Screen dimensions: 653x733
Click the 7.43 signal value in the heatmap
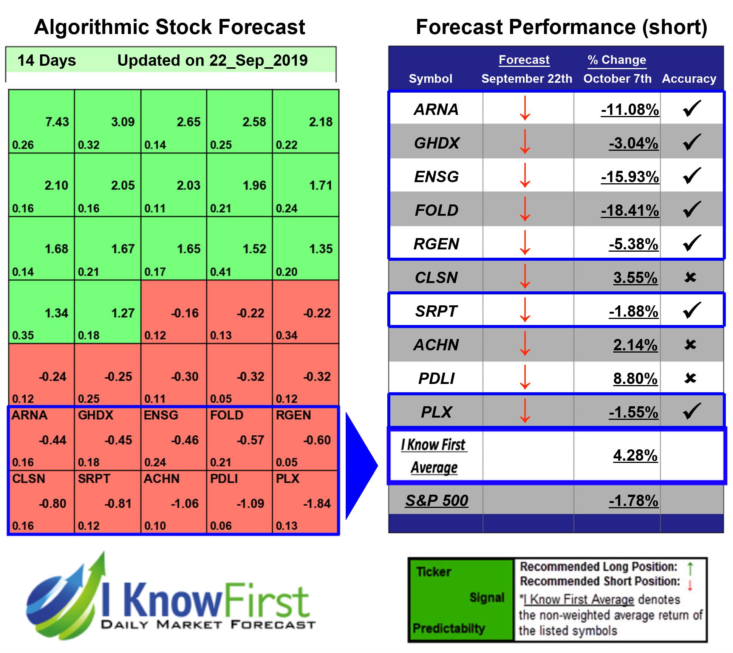pos(57,122)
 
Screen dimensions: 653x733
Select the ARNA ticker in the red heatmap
pos(29,415)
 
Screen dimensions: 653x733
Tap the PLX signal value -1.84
pos(317,503)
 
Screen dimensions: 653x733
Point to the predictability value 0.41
pos(221,272)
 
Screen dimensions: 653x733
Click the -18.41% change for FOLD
pos(630,210)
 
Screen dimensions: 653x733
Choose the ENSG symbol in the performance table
pos(436,177)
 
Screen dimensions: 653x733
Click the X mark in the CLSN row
pos(690,277)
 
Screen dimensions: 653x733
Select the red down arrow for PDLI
pos(525,377)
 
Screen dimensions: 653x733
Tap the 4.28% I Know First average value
pos(635,455)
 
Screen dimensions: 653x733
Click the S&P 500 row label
pos(436,501)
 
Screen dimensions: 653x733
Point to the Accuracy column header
pos(689,79)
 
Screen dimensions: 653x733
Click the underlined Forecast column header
pos(524,60)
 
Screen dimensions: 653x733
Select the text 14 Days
pos(46,60)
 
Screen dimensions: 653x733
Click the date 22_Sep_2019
pos(258,60)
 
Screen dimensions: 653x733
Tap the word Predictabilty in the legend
pos(448,628)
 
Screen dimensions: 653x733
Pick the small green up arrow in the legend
pos(690,568)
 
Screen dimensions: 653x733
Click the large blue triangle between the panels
pos(360,466)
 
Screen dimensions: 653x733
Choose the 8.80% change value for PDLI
pos(635,379)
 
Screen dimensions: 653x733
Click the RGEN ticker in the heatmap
pos(293,415)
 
